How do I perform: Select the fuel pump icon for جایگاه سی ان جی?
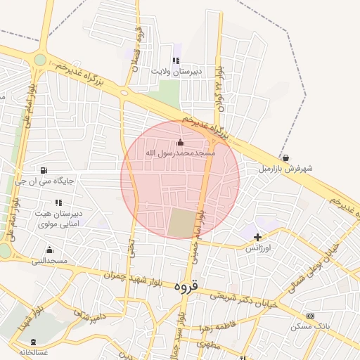click(45, 170)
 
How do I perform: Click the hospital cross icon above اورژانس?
click(258, 238)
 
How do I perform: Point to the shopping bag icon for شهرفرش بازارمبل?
click(285, 158)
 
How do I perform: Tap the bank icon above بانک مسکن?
click(310, 316)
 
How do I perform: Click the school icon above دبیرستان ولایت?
click(176, 60)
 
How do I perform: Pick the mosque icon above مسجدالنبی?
click(49, 250)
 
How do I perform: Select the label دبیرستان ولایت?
click(177, 71)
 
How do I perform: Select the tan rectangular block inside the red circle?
click(184, 224)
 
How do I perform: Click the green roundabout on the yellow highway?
click(40, 60)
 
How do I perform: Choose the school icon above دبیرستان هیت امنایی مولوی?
click(58, 202)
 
